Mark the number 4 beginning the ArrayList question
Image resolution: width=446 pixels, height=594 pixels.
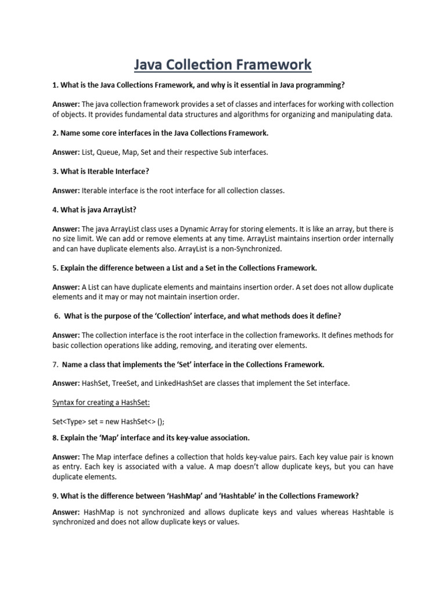click(x=55, y=210)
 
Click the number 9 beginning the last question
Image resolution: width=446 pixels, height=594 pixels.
click(x=55, y=497)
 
